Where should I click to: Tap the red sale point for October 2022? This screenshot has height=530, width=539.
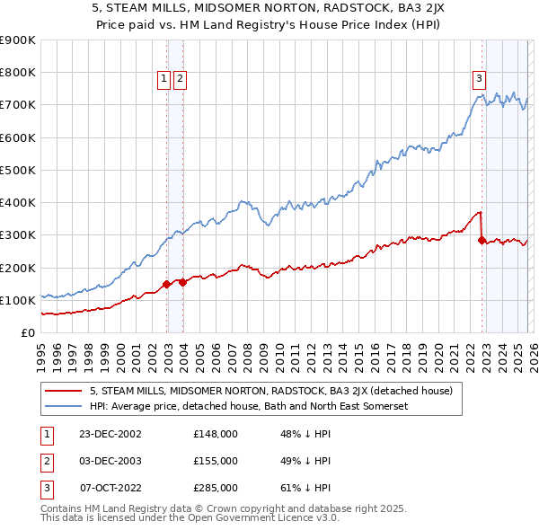click(482, 240)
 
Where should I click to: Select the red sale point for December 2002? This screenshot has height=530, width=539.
click(167, 285)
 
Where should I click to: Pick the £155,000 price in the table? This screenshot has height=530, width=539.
click(216, 461)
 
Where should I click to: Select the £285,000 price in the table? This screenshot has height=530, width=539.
click(216, 488)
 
